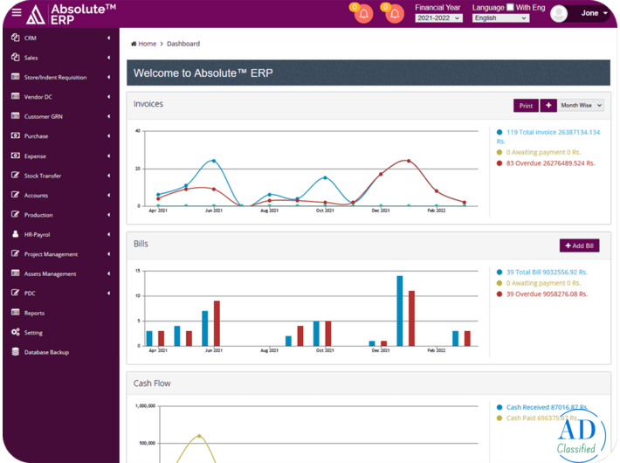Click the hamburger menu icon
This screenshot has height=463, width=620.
(16, 13)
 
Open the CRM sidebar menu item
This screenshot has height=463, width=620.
(31, 38)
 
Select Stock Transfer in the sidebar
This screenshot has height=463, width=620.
(42, 176)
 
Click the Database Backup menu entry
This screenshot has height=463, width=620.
(45, 352)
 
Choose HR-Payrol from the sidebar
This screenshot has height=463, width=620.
(37, 234)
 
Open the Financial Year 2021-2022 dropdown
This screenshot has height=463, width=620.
(438, 17)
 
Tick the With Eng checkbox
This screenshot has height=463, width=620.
(511, 7)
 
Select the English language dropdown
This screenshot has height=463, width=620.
(500, 17)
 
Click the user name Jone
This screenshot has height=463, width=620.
(590, 13)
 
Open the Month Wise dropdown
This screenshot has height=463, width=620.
(581, 105)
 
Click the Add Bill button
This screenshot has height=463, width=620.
(579, 245)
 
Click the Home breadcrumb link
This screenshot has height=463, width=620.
(147, 44)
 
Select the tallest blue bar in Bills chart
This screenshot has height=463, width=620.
(400, 311)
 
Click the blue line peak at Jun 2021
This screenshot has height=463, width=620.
(214, 161)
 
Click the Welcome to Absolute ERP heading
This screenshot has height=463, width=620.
(203, 73)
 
